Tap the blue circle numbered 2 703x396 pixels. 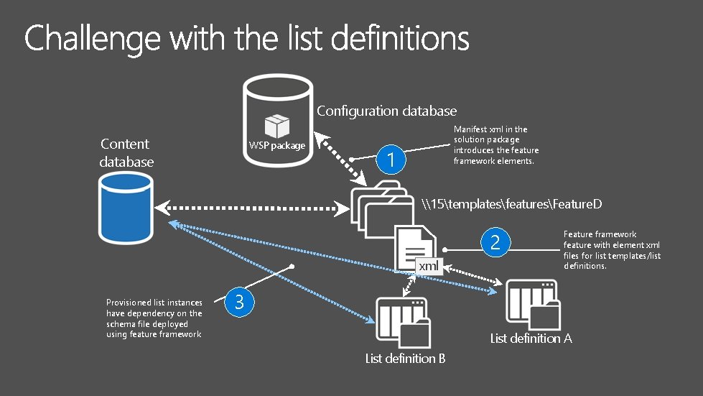[x=494, y=243]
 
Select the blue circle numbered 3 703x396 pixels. [x=239, y=303]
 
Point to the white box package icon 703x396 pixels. [x=276, y=126]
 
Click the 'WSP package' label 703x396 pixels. [x=277, y=146]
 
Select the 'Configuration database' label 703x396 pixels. [x=386, y=111]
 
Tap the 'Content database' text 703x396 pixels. [x=126, y=152]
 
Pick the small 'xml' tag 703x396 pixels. [x=429, y=267]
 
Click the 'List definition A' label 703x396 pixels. [x=531, y=338]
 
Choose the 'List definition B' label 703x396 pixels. [x=405, y=358]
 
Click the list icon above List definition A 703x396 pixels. [x=533, y=305]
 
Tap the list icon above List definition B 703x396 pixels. [x=403, y=324]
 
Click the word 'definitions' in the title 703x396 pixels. [x=396, y=38]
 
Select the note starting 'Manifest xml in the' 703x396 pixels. [x=495, y=145]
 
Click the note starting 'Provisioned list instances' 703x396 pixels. [x=154, y=318]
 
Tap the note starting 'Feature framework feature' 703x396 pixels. [x=612, y=250]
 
